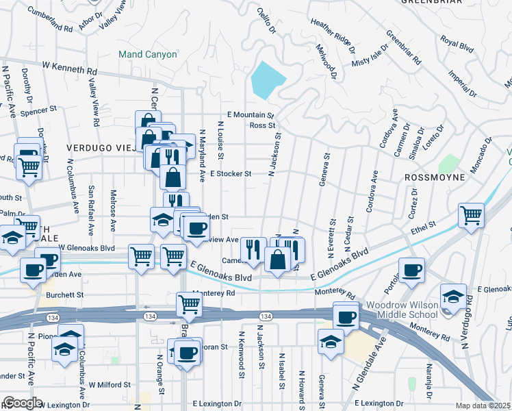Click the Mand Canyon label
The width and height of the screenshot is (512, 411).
pyautogui.click(x=146, y=53)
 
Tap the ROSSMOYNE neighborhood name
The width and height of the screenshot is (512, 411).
pyautogui.click(x=434, y=177)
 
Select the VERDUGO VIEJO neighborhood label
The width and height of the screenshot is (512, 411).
pyautogui.click(x=99, y=147)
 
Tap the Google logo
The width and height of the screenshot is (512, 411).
pyautogui.click(x=22, y=402)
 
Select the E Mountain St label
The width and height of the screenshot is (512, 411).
pyautogui.click(x=251, y=116)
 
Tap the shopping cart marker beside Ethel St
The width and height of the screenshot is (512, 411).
pyautogui.click(x=472, y=215)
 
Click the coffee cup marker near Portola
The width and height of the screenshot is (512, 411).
pyautogui.click(x=411, y=271)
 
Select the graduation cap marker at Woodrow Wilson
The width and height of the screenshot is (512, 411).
pyautogui.click(x=453, y=295)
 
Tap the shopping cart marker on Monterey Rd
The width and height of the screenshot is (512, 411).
pyautogui.click(x=190, y=305)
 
